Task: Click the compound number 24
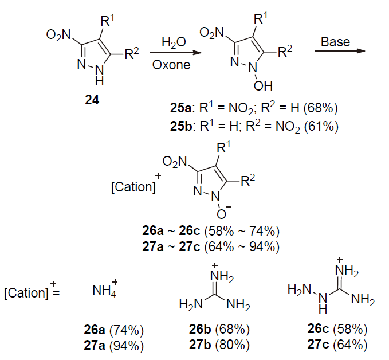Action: click(92, 101)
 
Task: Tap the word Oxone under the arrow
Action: click(171, 64)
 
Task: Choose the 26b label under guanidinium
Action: click(203, 330)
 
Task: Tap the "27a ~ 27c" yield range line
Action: click(210, 247)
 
